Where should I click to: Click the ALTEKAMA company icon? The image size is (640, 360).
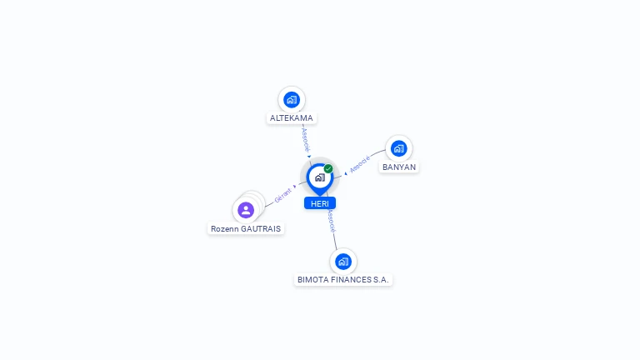[x=291, y=100]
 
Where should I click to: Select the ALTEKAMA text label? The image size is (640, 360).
[x=292, y=118]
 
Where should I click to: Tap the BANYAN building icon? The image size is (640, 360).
[x=398, y=148]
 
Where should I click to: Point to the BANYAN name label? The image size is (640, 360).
[x=399, y=167]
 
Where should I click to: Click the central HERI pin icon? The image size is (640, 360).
[x=319, y=177]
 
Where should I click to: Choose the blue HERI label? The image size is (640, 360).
[x=319, y=203]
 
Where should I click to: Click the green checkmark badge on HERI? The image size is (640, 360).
[x=328, y=168]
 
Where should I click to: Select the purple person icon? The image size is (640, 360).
[x=245, y=210]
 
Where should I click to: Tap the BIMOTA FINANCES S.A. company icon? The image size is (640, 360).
[x=342, y=262]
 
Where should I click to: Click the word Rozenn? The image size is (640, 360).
[x=225, y=228]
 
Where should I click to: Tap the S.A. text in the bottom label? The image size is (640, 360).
[x=380, y=280]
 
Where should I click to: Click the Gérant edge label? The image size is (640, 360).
[x=283, y=196]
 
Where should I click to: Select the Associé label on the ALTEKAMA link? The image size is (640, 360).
[x=306, y=137]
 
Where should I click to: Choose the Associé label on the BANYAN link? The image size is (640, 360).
[x=360, y=164]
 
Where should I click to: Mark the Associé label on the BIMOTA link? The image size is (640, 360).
[x=331, y=222]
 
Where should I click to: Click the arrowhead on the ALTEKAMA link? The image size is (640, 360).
[x=309, y=156]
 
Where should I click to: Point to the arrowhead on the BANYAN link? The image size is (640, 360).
[x=346, y=173]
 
